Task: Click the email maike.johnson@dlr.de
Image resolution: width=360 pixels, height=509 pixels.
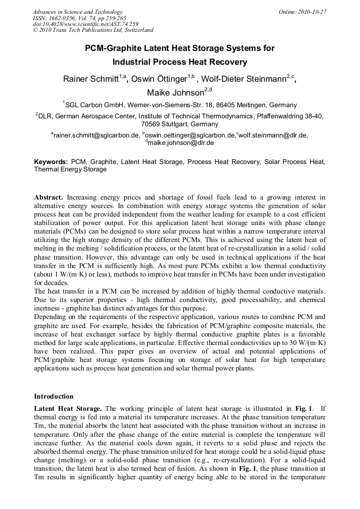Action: [x=181, y=143]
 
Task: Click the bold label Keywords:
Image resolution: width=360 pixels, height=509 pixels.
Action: [x=51, y=161]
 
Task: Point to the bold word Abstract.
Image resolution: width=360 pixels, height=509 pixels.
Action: [x=49, y=197]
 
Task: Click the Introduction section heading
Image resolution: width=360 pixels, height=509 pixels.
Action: [x=54, y=396]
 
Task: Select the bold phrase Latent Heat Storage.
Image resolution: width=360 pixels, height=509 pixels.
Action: [x=67, y=408]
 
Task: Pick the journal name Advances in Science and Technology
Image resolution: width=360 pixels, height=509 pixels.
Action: [x=78, y=12]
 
